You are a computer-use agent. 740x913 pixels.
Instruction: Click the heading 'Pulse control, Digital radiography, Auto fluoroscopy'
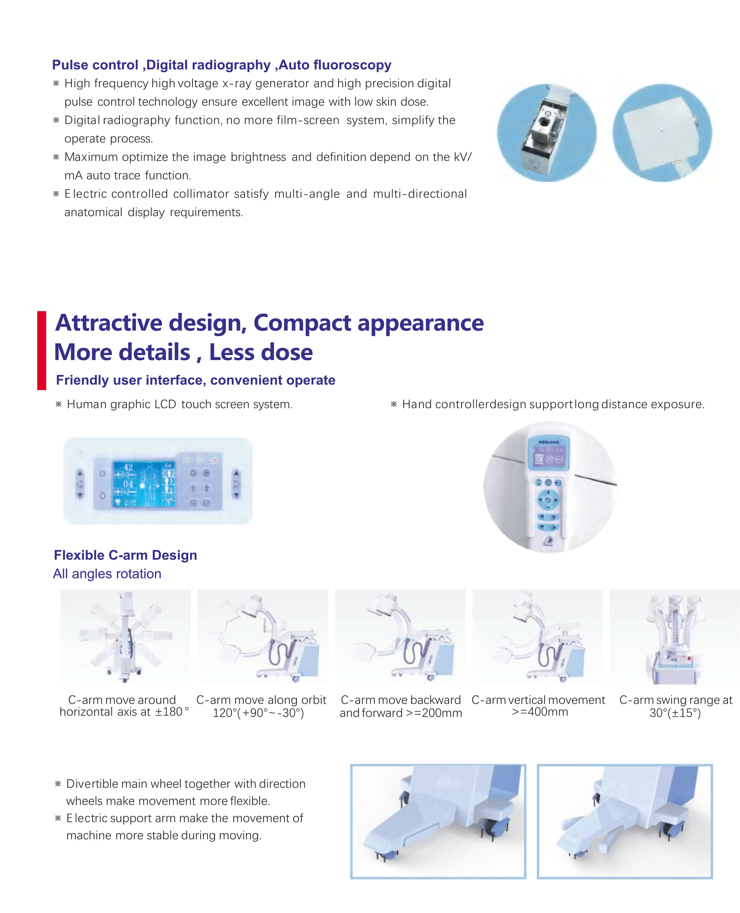221,65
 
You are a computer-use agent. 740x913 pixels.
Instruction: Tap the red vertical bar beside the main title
41,350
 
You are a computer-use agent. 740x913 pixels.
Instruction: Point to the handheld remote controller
548,490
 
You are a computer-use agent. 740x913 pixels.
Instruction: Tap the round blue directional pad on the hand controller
548,500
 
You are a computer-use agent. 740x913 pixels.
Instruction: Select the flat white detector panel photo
662,133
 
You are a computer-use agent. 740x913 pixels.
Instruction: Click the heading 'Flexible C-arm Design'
125,555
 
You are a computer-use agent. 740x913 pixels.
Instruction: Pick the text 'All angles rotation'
107,574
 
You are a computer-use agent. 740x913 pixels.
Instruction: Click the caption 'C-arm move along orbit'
261,700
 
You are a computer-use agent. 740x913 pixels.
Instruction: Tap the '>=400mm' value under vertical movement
540,712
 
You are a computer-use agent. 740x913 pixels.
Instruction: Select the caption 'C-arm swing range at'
676,700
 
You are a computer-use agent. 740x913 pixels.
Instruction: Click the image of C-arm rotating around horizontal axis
125,636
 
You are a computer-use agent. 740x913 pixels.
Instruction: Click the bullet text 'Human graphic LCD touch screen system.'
179,404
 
